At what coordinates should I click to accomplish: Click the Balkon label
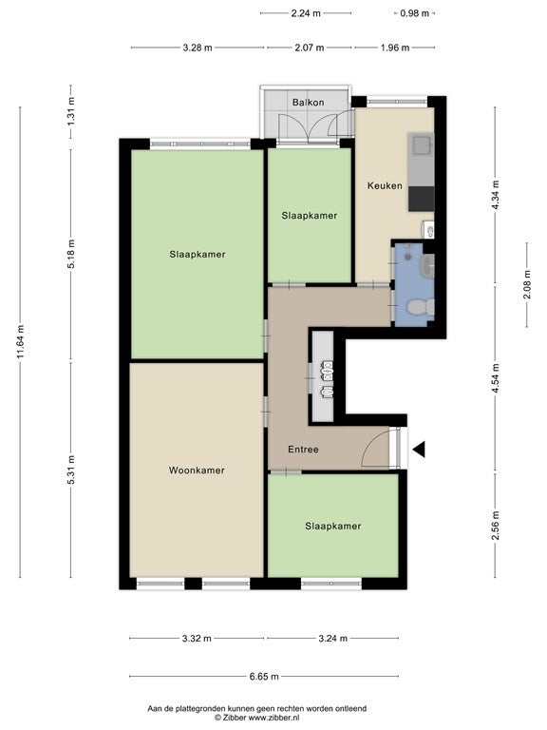(308, 103)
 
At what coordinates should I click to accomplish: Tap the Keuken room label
(385, 185)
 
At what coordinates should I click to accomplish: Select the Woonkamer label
(197, 471)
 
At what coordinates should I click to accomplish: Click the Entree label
(303, 450)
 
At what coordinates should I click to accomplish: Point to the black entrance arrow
(419, 450)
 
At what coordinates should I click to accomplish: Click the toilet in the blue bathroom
(421, 306)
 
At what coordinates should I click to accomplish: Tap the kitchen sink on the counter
(423, 144)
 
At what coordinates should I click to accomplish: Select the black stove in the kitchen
(422, 199)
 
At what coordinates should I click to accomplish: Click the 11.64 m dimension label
(21, 342)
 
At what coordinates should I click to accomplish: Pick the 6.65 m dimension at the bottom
(264, 677)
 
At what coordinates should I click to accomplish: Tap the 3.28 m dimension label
(198, 48)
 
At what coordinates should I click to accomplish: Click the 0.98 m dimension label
(414, 13)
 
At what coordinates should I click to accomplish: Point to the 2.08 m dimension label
(527, 285)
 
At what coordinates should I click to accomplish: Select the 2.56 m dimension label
(495, 526)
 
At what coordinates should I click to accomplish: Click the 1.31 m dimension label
(70, 111)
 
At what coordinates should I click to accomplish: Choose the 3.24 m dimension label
(333, 639)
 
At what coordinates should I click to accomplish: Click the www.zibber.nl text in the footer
(273, 718)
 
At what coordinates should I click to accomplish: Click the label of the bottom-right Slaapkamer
(333, 526)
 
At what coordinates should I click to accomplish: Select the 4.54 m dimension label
(495, 378)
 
